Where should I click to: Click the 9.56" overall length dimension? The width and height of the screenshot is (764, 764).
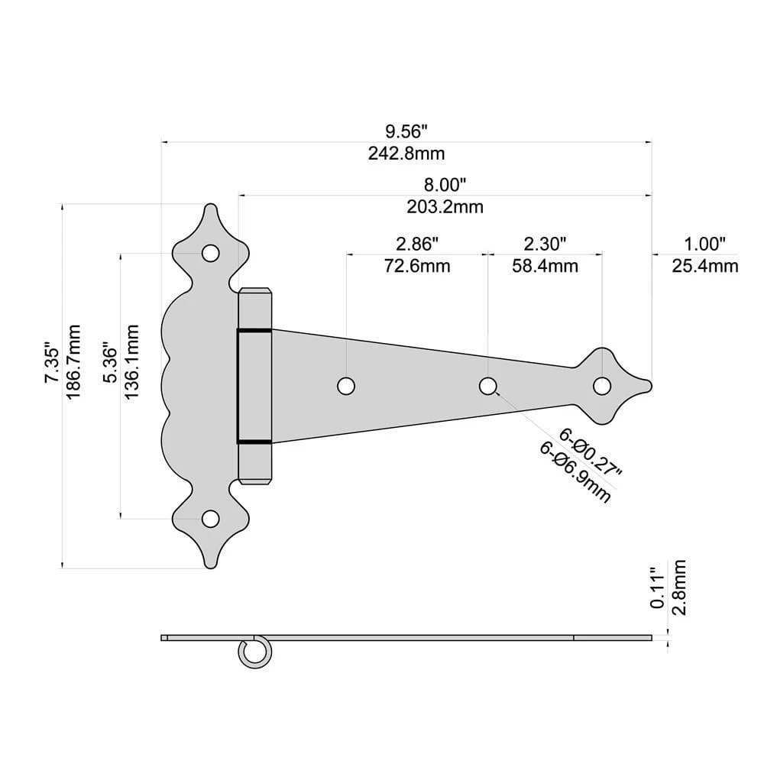(x=406, y=131)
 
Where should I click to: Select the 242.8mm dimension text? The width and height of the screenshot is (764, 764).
(x=406, y=154)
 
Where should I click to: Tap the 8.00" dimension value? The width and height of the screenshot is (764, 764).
(x=445, y=185)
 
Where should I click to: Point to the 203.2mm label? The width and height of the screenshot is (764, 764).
(x=445, y=207)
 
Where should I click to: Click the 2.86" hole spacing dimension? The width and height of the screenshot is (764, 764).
(x=417, y=244)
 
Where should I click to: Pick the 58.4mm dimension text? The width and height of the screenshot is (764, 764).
(x=545, y=266)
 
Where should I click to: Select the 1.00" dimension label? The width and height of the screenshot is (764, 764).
(x=705, y=244)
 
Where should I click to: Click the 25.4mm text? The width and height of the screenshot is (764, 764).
(x=705, y=266)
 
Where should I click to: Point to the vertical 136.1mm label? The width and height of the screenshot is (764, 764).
(x=131, y=362)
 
